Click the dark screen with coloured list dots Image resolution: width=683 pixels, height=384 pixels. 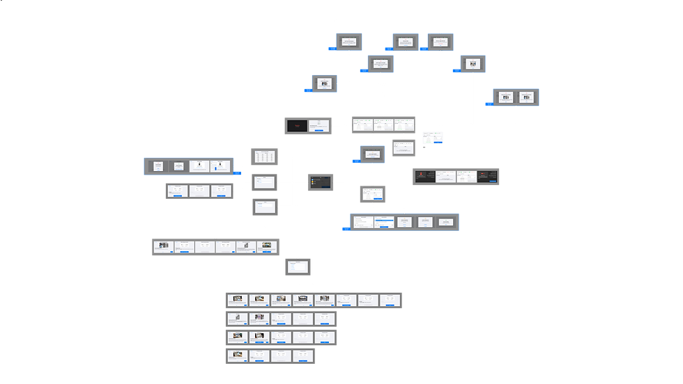(321, 182)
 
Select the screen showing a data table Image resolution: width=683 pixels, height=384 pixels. (264, 157)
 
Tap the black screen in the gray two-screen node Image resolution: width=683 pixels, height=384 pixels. (298, 126)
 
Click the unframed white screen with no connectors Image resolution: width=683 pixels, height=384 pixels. (432, 137)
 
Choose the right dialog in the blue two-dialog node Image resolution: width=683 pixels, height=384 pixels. (526, 97)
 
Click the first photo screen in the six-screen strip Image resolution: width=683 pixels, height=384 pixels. (163, 247)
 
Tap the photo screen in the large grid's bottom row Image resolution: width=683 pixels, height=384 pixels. (237, 356)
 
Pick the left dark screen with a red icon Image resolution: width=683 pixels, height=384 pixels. (422, 177)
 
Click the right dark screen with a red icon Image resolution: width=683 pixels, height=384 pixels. (487, 177)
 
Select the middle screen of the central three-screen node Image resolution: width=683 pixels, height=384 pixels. (383, 125)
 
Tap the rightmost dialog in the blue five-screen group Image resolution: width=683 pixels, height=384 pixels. (446, 222)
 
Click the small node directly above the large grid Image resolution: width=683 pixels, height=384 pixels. (298, 266)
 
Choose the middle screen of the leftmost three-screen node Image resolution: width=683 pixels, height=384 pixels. (200, 191)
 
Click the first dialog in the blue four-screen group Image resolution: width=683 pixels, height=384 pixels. (158, 166)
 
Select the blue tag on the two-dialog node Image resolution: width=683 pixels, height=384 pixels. (489, 104)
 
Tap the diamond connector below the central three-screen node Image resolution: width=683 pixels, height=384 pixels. (404, 137)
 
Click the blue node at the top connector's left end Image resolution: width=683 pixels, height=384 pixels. (349, 42)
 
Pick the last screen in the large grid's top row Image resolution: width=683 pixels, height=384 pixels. (390, 300)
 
